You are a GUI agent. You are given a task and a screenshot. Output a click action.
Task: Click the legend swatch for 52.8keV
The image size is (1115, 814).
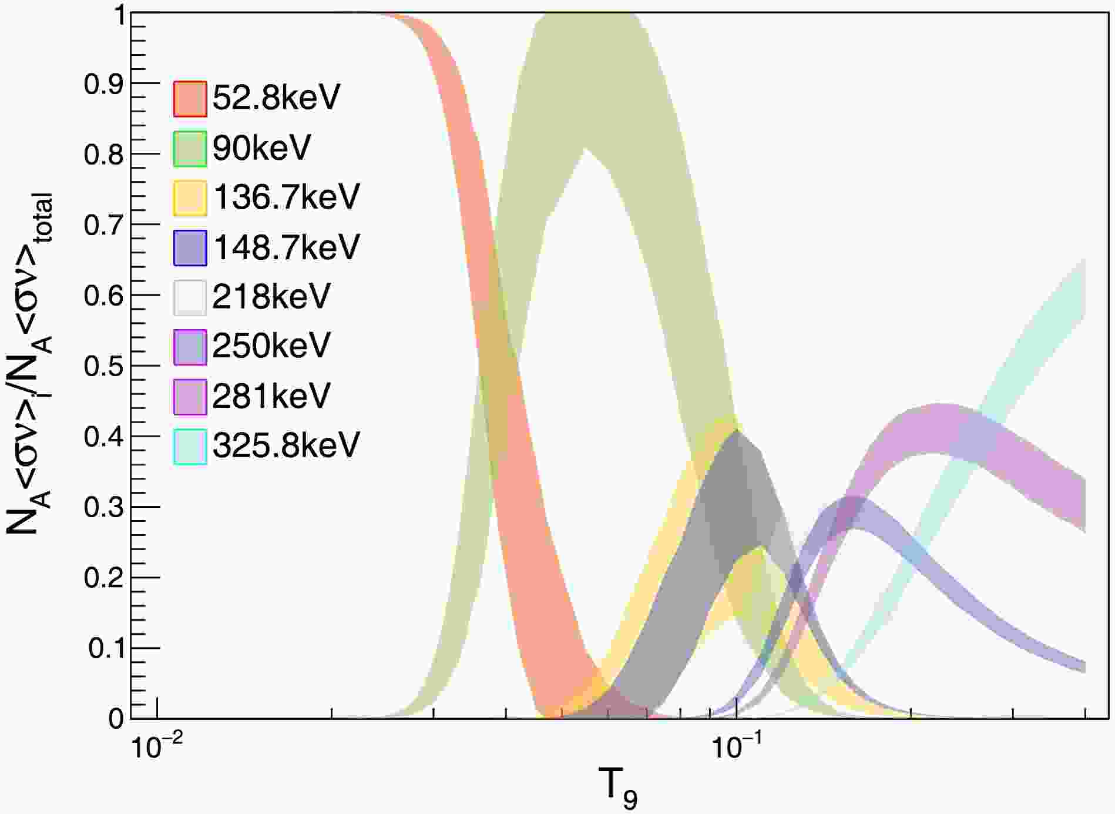[x=190, y=98]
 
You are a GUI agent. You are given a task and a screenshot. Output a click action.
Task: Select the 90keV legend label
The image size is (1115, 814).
[x=261, y=148]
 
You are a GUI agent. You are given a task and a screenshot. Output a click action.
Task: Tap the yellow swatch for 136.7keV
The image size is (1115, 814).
[x=190, y=197]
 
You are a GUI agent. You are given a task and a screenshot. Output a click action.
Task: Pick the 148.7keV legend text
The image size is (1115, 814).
[x=286, y=247]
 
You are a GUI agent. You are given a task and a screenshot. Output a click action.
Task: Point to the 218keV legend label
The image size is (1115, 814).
[x=271, y=297]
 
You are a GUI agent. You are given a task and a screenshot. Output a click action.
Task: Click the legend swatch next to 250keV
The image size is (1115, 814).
[x=190, y=347]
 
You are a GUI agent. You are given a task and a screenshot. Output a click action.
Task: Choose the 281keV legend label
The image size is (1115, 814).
[x=271, y=396]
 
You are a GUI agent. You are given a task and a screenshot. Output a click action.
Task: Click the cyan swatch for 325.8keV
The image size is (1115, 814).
[x=190, y=446]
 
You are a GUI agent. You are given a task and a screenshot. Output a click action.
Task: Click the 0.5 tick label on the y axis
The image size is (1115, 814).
[x=103, y=366]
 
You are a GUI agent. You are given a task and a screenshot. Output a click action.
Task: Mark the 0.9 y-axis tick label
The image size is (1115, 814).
[x=103, y=84]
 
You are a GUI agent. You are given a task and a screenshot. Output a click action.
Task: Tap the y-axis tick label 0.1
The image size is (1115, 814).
[x=106, y=648]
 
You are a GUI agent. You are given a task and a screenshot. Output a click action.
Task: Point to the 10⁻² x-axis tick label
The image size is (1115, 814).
[x=155, y=748]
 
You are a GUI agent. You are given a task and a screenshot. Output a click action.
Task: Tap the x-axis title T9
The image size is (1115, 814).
[x=617, y=788]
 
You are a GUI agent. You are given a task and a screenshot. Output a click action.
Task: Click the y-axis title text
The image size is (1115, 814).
[x=29, y=364]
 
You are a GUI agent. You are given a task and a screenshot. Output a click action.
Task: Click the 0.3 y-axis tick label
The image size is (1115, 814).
[x=103, y=507]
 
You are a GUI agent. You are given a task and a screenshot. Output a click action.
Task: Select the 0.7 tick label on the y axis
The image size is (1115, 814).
[x=103, y=225]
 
